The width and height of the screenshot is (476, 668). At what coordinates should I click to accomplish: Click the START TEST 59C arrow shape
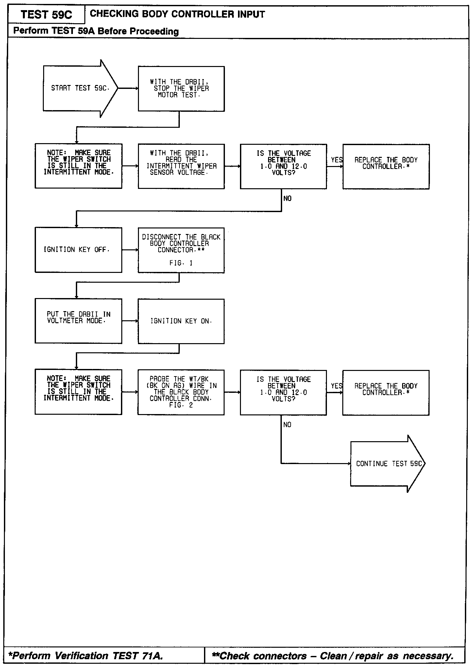tap(78, 88)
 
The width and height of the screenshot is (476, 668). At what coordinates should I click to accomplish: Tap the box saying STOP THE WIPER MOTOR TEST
tap(181, 89)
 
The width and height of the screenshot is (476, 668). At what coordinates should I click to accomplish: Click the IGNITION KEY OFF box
tap(78, 250)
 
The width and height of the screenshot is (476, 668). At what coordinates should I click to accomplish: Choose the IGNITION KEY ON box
tap(181, 321)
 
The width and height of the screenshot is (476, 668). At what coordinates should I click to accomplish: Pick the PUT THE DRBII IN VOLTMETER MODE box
tap(78, 321)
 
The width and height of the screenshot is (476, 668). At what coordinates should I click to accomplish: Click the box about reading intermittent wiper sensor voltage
tap(181, 166)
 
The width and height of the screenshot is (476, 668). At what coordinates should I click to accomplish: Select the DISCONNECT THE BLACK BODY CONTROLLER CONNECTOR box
tap(181, 250)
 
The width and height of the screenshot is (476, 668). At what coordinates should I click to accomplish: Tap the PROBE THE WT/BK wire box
tap(181, 392)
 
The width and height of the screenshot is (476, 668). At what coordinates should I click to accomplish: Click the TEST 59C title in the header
tap(46, 15)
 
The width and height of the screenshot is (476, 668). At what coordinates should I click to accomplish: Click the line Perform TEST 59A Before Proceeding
tap(96, 31)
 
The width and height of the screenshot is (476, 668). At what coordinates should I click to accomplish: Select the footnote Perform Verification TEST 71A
tap(86, 656)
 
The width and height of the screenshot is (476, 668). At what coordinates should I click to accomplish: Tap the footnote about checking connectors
tap(333, 656)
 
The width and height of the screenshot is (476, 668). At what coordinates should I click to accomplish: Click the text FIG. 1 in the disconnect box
tap(181, 263)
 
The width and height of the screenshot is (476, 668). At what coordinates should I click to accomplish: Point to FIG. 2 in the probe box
tap(181, 405)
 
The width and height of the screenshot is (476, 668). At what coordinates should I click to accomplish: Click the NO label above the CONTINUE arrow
tap(287, 425)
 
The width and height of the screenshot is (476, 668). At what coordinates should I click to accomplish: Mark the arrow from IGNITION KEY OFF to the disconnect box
tap(130, 250)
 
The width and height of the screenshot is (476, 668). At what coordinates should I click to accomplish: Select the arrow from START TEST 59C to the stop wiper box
tap(128, 88)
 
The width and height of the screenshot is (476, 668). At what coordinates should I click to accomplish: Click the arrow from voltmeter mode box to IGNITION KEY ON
tap(130, 321)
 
